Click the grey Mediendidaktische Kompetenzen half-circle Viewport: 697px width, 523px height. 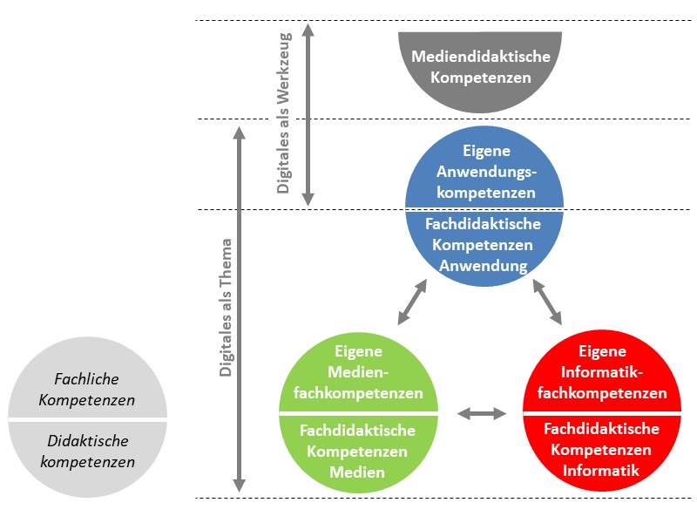(x=480, y=70)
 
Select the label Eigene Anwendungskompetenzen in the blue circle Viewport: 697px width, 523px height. (x=484, y=171)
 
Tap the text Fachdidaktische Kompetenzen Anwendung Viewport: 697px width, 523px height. (x=484, y=245)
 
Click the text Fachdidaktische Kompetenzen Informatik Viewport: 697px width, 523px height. (x=603, y=450)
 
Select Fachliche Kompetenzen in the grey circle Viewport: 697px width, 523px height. (x=87, y=390)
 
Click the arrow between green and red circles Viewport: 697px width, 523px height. (x=482, y=412)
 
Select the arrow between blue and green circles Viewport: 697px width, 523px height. (x=413, y=302)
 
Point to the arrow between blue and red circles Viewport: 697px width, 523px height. (x=548, y=302)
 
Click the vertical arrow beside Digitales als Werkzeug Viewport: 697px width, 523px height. (x=307, y=113)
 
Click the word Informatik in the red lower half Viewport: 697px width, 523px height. (x=603, y=471)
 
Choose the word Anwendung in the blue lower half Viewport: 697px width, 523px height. (x=484, y=266)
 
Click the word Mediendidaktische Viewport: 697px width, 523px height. (x=480, y=57)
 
